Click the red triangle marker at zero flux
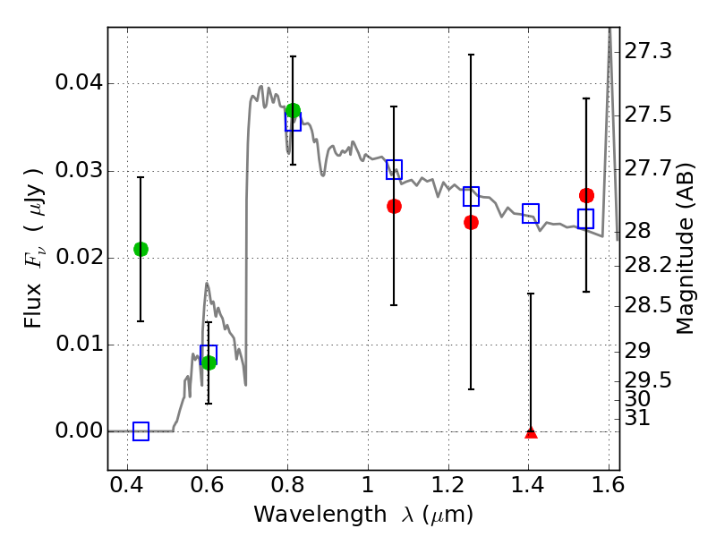tap(531, 432)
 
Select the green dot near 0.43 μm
tap(141, 249)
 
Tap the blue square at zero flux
tap(141, 431)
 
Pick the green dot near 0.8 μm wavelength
tap(293, 110)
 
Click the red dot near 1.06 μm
tap(394, 207)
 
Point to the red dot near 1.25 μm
tap(472, 222)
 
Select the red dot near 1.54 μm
tap(586, 195)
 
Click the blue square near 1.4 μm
tap(531, 213)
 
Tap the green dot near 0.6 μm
tap(209, 363)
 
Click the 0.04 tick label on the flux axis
tap(79, 82)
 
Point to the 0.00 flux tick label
tap(79, 430)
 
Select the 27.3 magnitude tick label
tap(647, 51)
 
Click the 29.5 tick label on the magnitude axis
tap(647, 379)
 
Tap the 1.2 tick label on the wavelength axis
tap(448, 484)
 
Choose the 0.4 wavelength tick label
tap(126, 484)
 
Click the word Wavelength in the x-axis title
tap(320, 514)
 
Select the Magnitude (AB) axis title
tap(685, 249)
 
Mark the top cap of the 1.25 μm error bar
tap(472, 55)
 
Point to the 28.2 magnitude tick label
tap(647, 265)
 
